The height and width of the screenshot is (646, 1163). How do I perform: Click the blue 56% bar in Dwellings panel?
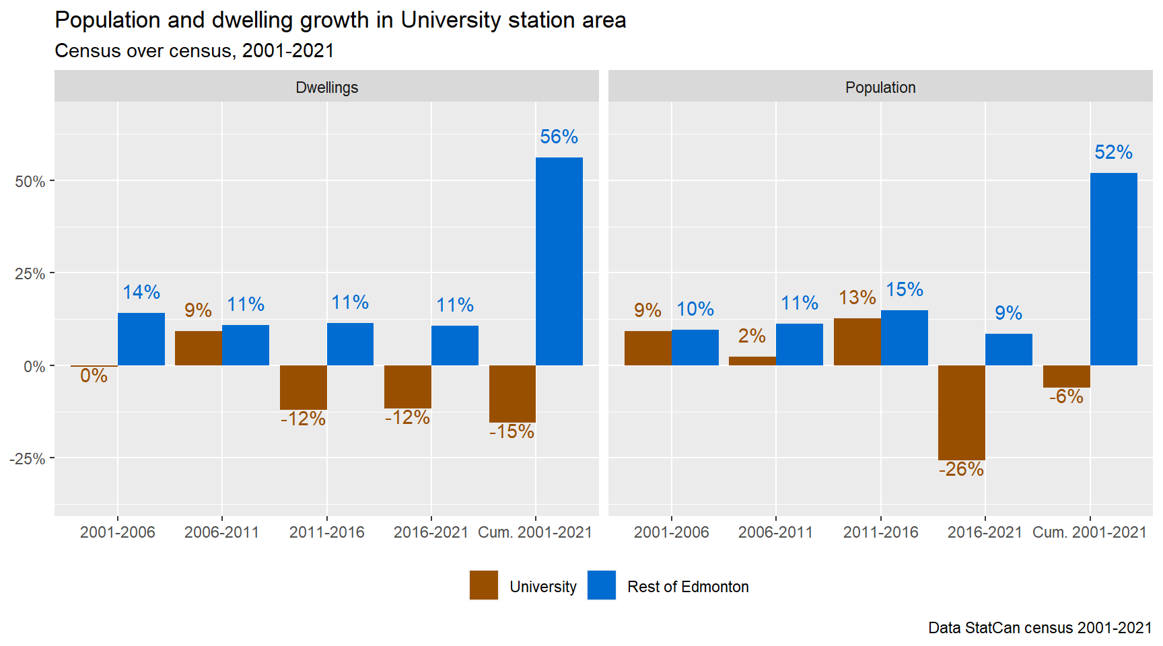click(559, 261)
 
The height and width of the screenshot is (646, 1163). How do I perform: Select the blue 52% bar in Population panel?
click(1113, 269)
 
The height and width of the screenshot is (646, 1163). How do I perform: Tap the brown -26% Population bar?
click(961, 412)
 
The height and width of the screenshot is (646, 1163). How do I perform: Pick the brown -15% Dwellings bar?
click(512, 394)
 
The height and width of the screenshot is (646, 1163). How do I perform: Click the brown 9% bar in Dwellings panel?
click(199, 348)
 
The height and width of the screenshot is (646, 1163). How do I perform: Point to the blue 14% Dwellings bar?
click(141, 339)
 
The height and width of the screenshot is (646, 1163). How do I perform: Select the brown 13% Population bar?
click(857, 342)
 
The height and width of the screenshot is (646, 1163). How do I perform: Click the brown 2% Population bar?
click(752, 361)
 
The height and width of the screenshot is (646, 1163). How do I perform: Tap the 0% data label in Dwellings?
click(94, 375)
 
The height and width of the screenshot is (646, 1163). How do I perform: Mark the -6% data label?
click(1066, 396)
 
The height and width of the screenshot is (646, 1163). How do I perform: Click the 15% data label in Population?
click(904, 289)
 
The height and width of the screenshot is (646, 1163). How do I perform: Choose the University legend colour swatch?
click(484, 585)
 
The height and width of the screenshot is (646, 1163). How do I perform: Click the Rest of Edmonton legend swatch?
click(602, 585)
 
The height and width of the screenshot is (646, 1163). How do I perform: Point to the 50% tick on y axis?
click(30, 182)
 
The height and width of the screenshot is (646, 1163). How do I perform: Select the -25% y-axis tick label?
click(27, 459)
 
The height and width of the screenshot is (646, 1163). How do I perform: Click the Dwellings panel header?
click(326, 87)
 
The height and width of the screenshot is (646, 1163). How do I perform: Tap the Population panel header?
click(880, 87)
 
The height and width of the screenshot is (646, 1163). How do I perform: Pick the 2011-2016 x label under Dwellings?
click(326, 532)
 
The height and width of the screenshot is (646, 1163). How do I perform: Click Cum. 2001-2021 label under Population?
click(1089, 532)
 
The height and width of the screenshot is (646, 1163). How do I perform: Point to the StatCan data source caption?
click(1039, 628)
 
